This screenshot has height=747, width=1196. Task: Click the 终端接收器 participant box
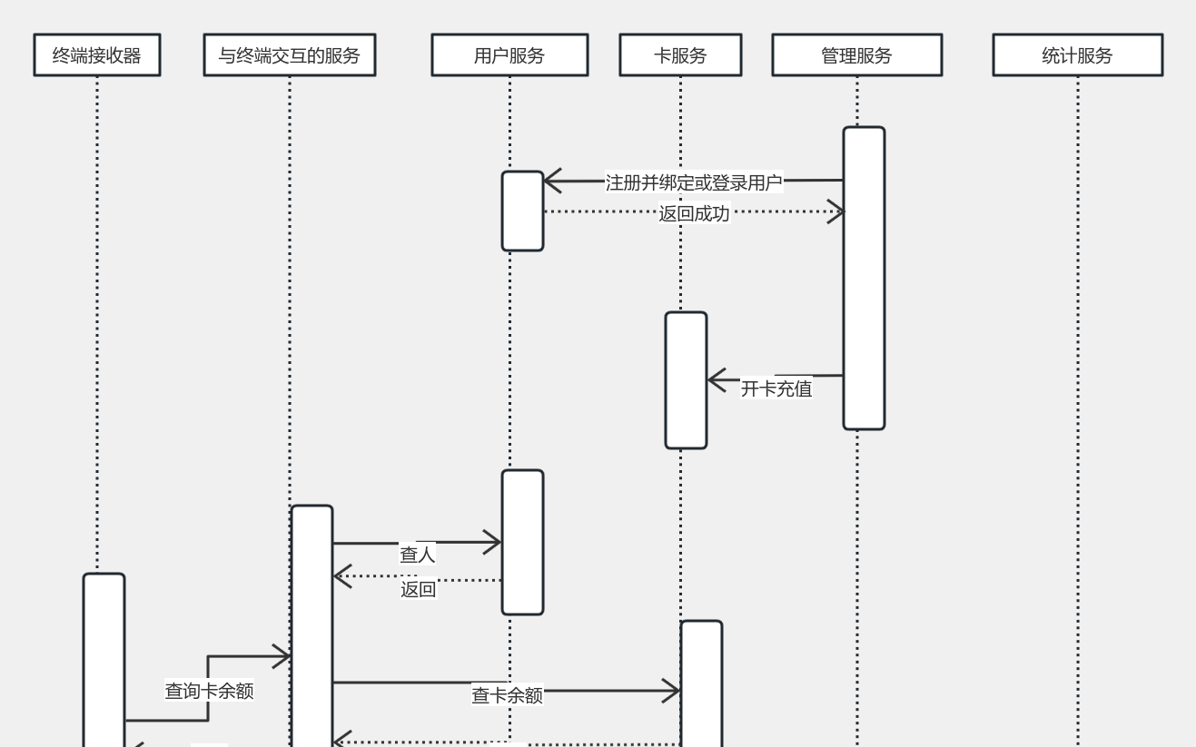[x=97, y=55]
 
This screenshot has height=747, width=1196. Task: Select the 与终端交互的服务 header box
[x=289, y=55]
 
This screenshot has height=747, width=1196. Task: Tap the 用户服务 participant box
[x=509, y=55]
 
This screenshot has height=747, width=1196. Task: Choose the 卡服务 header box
[x=680, y=55]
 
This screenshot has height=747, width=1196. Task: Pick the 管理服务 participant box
[x=856, y=55]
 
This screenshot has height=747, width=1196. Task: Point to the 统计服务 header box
[x=1077, y=55]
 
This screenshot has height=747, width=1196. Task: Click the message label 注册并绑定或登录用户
[x=694, y=182]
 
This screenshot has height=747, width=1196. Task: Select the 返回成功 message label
[x=694, y=214]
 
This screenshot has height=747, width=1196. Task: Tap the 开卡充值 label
[x=776, y=388]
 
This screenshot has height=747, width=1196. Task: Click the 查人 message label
[x=418, y=554]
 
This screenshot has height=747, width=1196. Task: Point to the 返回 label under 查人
[x=419, y=590]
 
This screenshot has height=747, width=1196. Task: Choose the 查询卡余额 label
[x=209, y=691]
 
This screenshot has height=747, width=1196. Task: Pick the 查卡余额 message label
[x=508, y=695]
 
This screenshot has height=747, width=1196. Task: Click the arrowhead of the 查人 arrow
[x=495, y=543]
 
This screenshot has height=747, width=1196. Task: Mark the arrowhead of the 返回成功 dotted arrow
[x=838, y=211]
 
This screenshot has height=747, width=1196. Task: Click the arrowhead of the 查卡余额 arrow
[x=674, y=692]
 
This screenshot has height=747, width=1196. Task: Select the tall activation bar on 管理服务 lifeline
[x=864, y=278]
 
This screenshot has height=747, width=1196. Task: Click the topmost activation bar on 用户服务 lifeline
[x=522, y=211]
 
